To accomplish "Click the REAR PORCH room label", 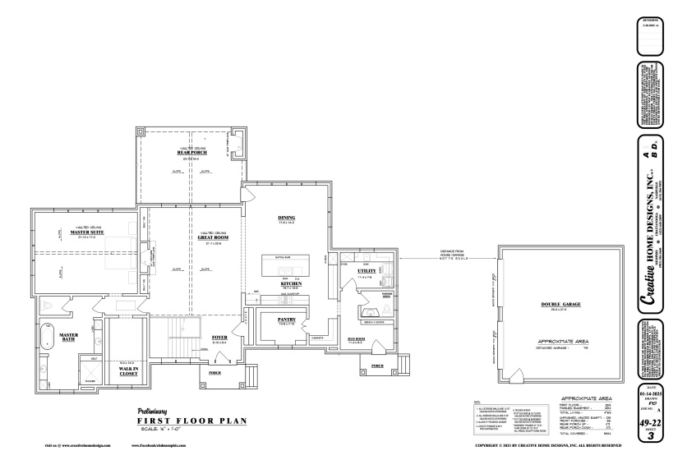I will click(x=191, y=152).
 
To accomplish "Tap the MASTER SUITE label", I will click(x=81, y=232).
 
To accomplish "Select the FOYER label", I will click(x=220, y=337).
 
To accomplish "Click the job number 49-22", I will click(x=654, y=421).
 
